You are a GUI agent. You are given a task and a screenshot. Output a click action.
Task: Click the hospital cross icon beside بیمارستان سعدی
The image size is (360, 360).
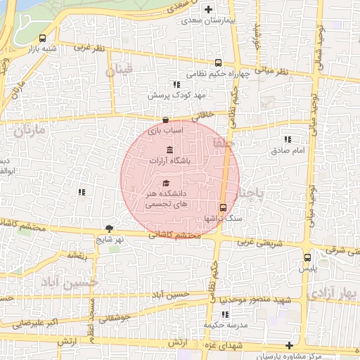pyautogui.click(x=208, y=10)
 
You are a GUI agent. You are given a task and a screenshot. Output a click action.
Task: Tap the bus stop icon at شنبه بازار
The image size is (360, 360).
pyautogui.click(x=44, y=38)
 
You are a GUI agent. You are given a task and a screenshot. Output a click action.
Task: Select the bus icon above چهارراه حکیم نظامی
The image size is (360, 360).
pyautogui.click(x=218, y=62)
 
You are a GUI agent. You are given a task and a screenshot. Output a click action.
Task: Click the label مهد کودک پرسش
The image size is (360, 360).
pyautogui.click(x=170, y=94)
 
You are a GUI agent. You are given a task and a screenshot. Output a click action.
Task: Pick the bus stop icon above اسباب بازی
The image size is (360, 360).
pyautogui.click(x=165, y=120)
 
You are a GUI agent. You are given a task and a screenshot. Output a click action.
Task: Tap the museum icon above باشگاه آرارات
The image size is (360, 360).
pyautogui.click(x=169, y=150)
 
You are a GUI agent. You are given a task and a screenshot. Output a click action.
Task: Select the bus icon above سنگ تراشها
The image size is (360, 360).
pyautogui.click(x=223, y=207)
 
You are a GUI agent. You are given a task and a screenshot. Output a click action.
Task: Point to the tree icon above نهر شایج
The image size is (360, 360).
pyautogui.click(x=109, y=228)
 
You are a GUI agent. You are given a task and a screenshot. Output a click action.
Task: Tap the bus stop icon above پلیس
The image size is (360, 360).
pyautogui.click(x=307, y=257)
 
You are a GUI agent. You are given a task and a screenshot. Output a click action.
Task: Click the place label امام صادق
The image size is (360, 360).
pyautogui.click(x=288, y=150)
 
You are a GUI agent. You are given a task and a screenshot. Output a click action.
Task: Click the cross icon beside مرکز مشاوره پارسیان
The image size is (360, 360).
pyautogui.click(x=289, y=345)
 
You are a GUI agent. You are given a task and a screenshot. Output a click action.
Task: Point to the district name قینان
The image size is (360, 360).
pyautogui.click(x=119, y=71)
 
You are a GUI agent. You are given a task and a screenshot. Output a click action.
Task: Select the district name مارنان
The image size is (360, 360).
pyautogui.click(x=28, y=131)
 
